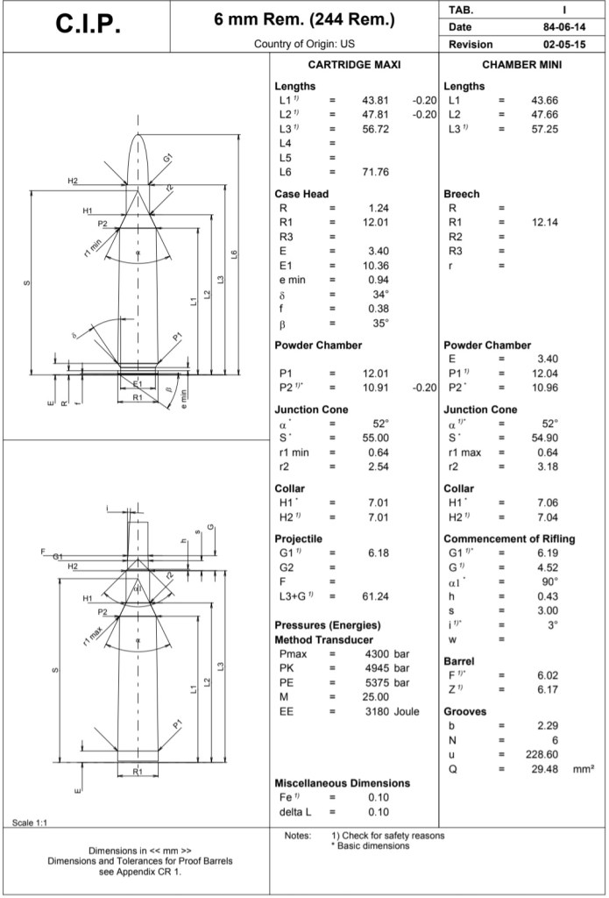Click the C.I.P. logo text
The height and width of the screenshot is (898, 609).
pos(89,25)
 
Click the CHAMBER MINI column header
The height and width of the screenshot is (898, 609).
pos(521,66)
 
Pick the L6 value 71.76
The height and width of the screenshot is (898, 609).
pos(375,172)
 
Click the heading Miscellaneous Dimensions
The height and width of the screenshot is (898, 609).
pos(342,782)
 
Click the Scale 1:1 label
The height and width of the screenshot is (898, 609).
pos(30,822)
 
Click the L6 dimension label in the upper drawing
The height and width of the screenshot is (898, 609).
pos(233,254)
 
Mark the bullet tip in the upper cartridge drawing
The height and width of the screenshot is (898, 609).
pos(138,135)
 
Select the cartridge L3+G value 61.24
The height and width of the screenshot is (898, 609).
pos(375,596)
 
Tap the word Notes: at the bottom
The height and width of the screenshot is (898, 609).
pos(298,835)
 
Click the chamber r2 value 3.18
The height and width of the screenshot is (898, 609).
pos(546,467)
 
